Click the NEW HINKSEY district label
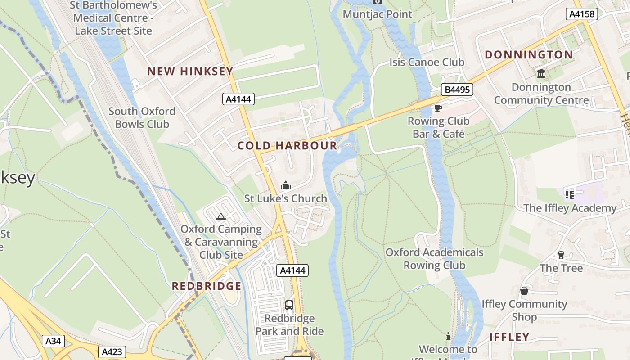coord(190,71)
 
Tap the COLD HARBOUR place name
coord(287,145)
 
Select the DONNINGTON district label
coord(529,55)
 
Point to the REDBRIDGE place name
coord(207,286)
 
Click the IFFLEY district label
coord(509,337)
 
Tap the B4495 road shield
coord(457,90)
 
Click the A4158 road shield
coord(581,14)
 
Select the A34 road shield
coord(53,341)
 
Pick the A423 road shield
coord(112,351)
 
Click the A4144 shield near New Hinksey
coord(238,99)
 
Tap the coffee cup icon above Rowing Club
coord(438,108)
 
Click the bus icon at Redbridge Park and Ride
coord(289,305)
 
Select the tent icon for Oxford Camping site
coord(220,217)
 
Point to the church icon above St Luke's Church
coord(285,185)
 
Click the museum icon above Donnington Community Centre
coord(541,73)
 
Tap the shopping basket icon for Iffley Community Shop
coord(524,291)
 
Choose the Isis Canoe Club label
coord(427,62)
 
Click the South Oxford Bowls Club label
coord(142,117)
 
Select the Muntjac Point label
coord(377,14)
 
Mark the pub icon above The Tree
coord(561,255)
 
